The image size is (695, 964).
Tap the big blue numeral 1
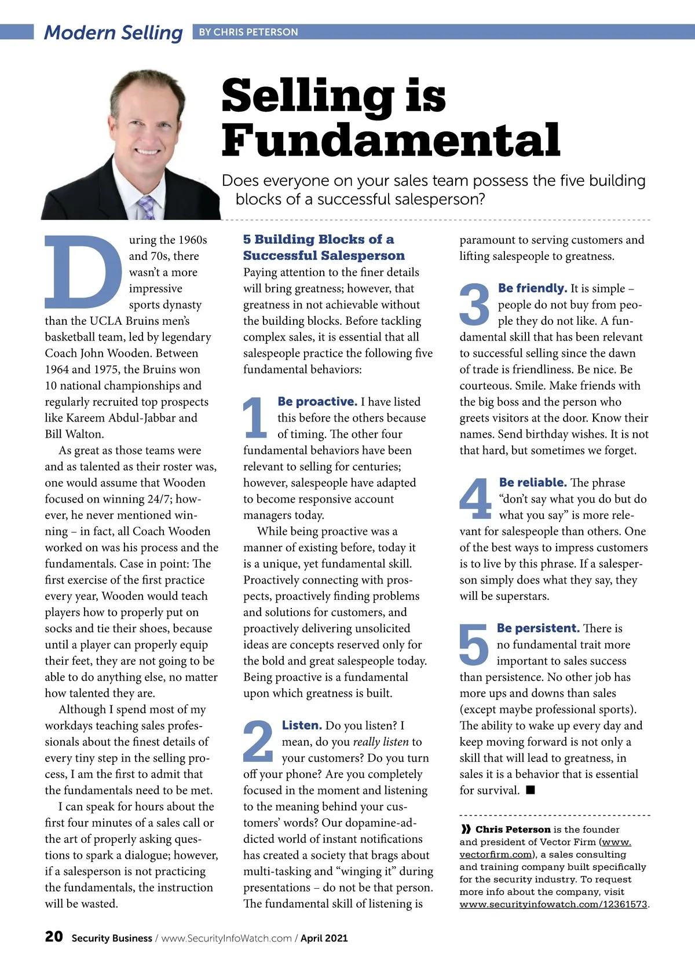255,417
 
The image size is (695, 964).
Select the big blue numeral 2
258,741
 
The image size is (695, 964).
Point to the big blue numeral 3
474,304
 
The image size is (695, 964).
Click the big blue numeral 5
474,644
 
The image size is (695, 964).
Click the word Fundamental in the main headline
391,140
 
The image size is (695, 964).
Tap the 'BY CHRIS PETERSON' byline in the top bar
248,32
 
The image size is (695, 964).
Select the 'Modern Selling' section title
114,32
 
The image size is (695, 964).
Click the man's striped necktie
147,207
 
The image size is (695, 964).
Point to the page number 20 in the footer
54,937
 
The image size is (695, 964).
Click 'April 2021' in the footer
324,938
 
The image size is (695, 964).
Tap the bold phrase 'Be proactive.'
317,401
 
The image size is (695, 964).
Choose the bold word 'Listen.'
302,725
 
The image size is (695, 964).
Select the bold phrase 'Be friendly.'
532,288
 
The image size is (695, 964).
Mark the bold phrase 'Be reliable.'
533,482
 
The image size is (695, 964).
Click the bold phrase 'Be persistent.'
538,628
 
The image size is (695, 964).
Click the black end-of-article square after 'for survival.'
531,790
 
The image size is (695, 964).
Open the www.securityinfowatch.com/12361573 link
553,904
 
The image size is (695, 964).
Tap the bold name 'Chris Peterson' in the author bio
513,830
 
